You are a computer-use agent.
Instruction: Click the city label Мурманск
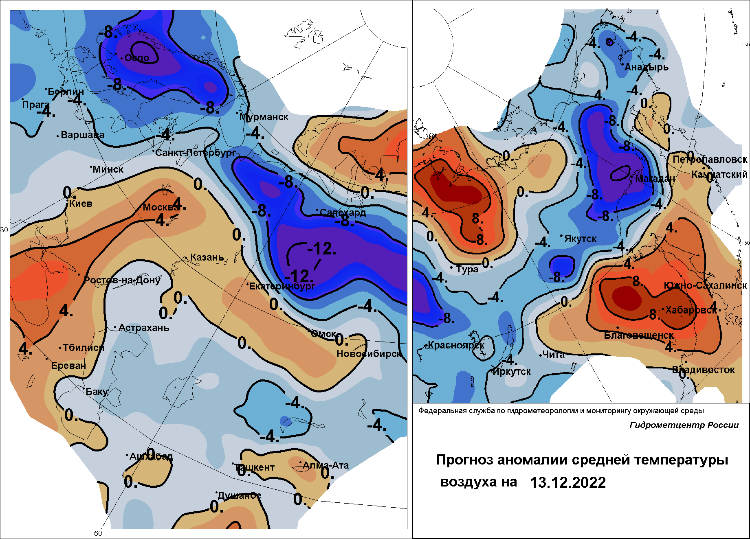(x=264, y=117)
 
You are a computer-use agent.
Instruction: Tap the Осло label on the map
(x=137, y=58)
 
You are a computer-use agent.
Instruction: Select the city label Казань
(x=207, y=257)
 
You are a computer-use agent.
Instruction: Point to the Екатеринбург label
(x=282, y=286)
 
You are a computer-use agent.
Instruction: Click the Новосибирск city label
(x=369, y=354)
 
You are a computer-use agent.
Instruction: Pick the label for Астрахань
(x=144, y=328)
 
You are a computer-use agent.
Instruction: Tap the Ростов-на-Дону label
(x=122, y=280)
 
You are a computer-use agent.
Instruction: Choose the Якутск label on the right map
(x=580, y=239)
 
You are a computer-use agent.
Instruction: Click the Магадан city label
(x=655, y=179)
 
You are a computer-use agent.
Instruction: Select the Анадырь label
(x=647, y=67)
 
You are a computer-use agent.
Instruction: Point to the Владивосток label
(x=703, y=370)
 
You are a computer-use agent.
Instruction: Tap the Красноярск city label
(x=456, y=346)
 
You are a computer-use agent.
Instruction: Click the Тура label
(x=467, y=269)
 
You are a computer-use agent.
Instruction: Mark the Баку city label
(x=97, y=392)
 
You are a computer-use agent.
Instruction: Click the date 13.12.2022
(x=568, y=482)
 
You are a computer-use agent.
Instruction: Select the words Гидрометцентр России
(x=684, y=425)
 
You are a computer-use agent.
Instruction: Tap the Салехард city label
(x=343, y=213)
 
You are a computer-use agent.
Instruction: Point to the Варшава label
(x=82, y=135)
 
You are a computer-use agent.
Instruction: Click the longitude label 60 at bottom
(x=98, y=533)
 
